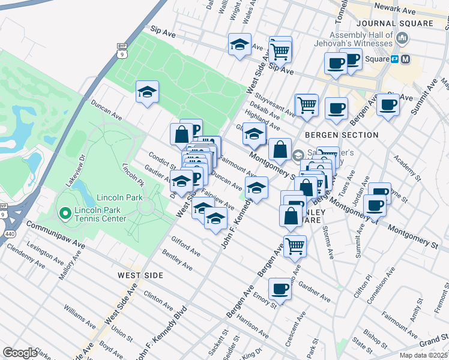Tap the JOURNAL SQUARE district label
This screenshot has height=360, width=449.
[x=394, y=23]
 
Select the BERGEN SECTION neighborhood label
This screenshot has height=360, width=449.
[x=341, y=135]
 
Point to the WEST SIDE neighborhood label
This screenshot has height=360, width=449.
[x=140, y=275]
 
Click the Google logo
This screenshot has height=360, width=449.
[x=20, y=353]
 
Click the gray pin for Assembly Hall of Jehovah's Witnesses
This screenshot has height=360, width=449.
[x=402, y=38]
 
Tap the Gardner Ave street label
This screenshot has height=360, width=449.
[x=314, y=292]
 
